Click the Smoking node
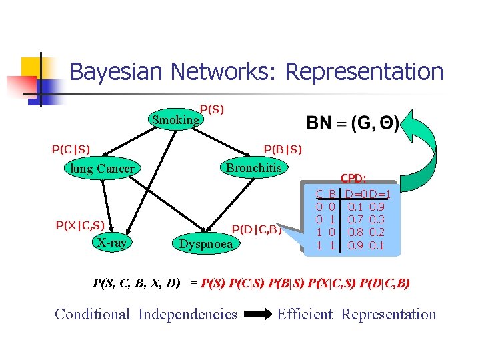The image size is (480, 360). (175, 120)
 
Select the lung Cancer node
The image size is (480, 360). (103, 169)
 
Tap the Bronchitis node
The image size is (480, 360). (253, 168)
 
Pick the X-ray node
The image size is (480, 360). (111, 243)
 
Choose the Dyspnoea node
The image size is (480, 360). (206, 244)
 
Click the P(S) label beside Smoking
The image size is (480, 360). (212, 109)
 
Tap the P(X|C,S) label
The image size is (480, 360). (80, 226)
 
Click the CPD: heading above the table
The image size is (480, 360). (353, 179)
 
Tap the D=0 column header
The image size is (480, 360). (356, 194)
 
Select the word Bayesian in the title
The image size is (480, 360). (116, 71)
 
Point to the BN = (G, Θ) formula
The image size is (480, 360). (353, 123)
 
